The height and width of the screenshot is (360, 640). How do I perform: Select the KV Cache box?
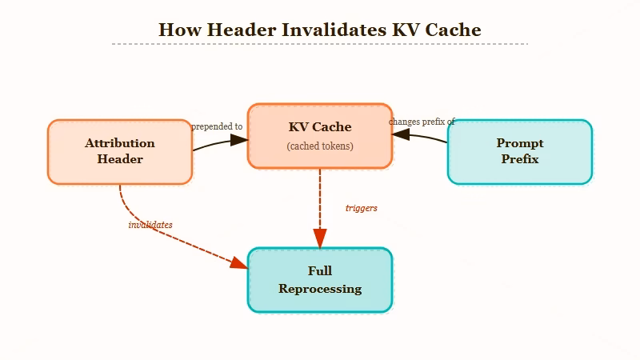click(320, 136)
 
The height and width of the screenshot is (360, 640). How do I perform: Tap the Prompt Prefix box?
click(520, 152)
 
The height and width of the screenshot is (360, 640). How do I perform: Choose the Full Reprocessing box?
click(320, 280)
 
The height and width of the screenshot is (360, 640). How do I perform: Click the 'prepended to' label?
click(217, 126)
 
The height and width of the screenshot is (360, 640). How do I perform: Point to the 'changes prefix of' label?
click(422, 122)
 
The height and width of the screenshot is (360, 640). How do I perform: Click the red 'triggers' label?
click(362, 208)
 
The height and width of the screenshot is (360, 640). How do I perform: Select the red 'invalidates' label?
click(150, 225)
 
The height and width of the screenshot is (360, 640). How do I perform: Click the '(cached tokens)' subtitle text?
click(320, 146)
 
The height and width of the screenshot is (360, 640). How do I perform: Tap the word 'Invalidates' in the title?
click(333, 30)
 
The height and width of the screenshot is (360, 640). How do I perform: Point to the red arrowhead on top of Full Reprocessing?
click(320, 238)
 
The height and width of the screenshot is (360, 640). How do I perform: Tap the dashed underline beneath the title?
click(320, 44)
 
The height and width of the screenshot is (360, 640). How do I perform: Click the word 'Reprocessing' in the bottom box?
click(320, 289)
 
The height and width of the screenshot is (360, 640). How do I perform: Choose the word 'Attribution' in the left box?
click(120, 143)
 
